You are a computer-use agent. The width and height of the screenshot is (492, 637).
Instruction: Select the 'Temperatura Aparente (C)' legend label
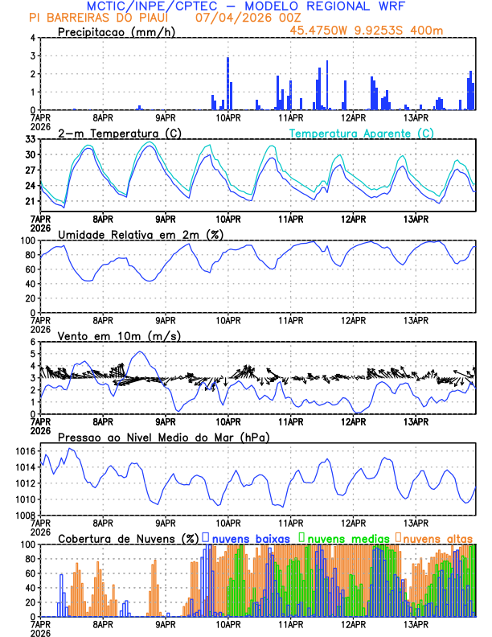362,133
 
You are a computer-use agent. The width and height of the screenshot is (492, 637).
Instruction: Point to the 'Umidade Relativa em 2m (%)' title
141,234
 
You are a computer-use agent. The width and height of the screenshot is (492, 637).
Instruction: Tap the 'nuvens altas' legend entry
435,538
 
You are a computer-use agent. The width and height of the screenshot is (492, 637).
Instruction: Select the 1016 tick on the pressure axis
25,452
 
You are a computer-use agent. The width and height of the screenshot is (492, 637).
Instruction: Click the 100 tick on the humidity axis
27,240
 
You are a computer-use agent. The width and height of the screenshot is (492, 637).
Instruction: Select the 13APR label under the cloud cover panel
415,623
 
